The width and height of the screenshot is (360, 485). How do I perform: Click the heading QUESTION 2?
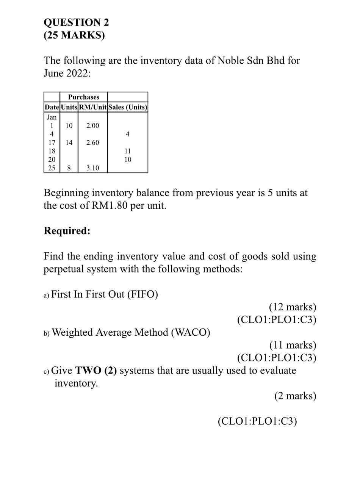(76, 22)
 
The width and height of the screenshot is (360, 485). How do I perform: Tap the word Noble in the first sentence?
(232, 60)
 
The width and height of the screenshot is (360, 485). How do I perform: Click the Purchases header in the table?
(83, 97)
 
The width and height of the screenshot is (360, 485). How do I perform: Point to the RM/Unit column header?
(92, 107)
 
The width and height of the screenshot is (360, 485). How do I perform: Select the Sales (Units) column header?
(128, 107)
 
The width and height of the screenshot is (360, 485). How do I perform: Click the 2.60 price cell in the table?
(92, 142)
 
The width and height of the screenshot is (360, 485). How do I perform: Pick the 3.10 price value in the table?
(92, 167)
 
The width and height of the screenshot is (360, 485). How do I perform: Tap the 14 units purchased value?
(69, 142)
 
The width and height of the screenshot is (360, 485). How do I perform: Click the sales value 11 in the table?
(128, 151)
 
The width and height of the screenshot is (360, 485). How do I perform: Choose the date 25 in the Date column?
(52, 167)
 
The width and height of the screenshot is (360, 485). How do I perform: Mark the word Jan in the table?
(52, 117)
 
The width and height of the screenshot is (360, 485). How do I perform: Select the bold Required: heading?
(67, 231)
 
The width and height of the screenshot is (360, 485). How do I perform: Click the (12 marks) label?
(292, 307)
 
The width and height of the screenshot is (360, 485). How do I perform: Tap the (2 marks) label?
(295, 396)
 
